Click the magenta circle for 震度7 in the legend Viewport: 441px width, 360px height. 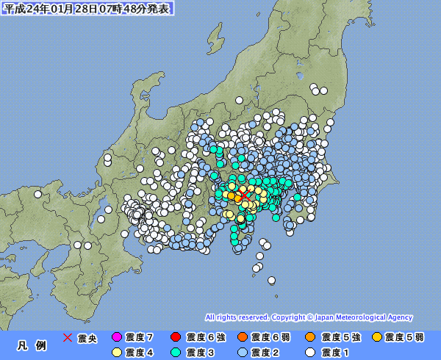pyautogui.click(x=116, y=337)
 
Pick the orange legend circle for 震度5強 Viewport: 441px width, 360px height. pyautogui.click(x=309, y=337)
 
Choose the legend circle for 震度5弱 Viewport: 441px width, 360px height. pyautogui.click(x=377, y=337)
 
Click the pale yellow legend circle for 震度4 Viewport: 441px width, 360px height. pyautogui.click(x=116, y=352)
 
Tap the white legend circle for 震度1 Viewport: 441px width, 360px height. pyautogui.click(x=309, y=352)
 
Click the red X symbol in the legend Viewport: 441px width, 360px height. pyautogui.click(x=68, y=337)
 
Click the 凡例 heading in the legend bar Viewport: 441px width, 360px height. pyautogui.click(x=31, y=345)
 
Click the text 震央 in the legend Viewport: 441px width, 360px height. pyautogui.click(x=87, y=337)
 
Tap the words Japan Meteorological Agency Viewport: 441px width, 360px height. pyautogui.click(x=364, y=317)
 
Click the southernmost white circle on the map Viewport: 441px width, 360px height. pyautogui.click(x=272, y=279)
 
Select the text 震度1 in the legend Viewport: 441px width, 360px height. pyautogui.click(x=332, y=352)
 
